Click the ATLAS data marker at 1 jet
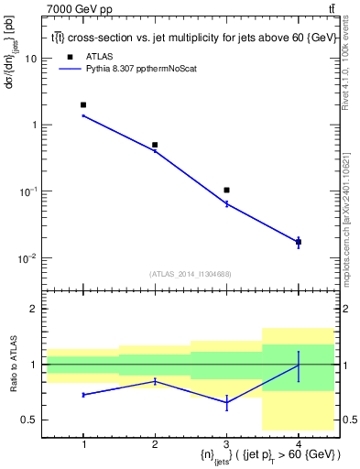click(x=83, y=105)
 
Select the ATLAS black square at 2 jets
click(x=155, y=145)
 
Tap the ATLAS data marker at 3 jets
click(x=226, y=190)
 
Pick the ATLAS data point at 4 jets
click(x=298, y=242)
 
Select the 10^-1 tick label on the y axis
click(x=29, y=191)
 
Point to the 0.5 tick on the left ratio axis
click(x=30, y=420)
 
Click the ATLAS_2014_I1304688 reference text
click(x=190, y=274)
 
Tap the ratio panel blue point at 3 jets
click(x=226, y=402)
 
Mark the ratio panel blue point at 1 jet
click(x=83, y=395)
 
